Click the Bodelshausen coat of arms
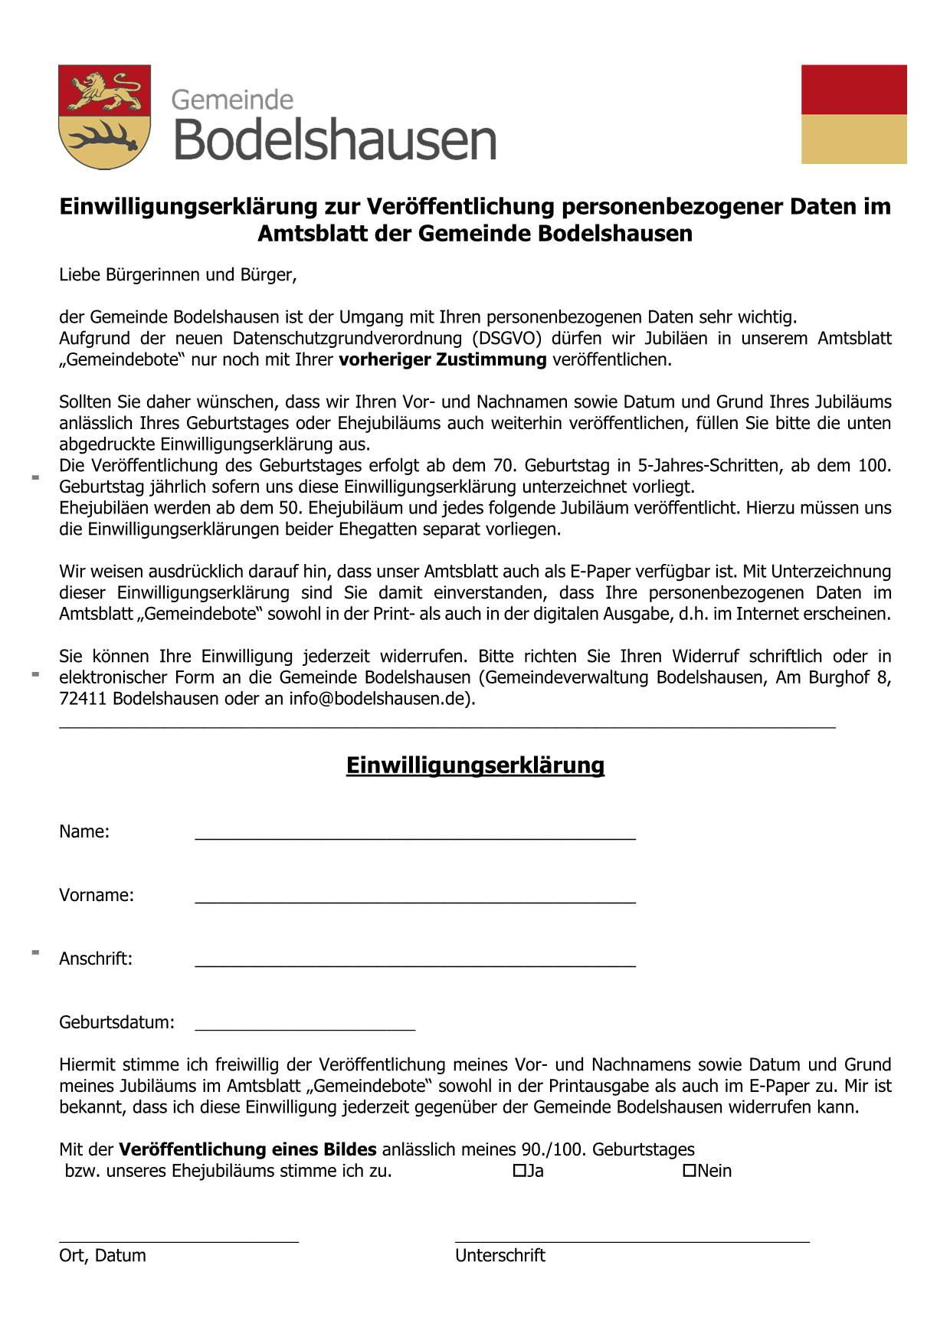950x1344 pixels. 104,116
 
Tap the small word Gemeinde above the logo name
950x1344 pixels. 232,100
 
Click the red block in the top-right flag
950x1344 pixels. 853,90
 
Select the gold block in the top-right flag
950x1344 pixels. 853,139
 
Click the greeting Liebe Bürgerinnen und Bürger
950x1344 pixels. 178,274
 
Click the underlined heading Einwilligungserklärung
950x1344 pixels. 475,765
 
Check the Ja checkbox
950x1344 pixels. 519,1170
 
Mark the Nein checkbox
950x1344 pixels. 689,1170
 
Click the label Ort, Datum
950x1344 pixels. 103,1255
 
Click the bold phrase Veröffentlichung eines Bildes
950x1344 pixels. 247,1149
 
